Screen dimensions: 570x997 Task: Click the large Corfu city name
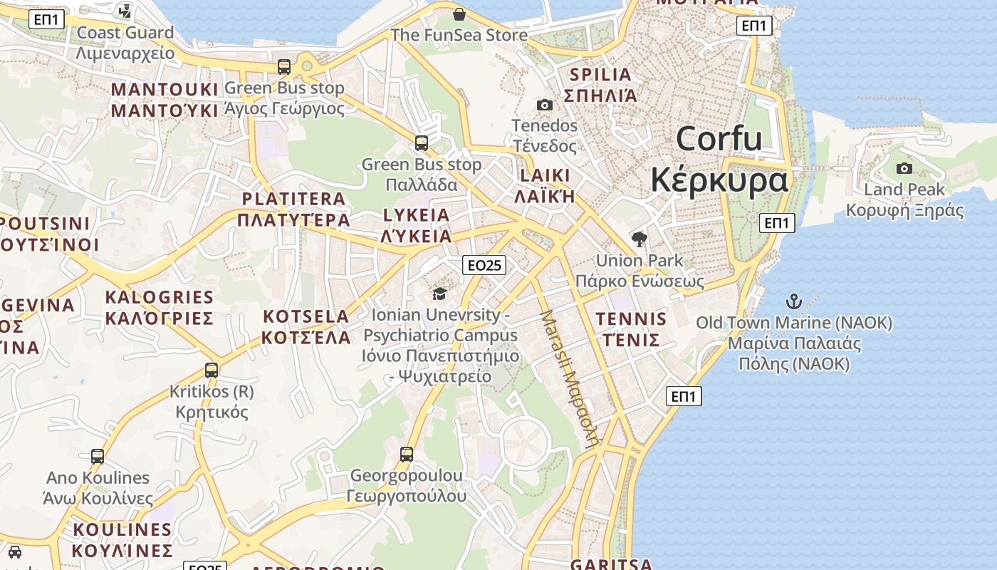719,159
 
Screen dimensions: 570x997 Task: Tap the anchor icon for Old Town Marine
794,301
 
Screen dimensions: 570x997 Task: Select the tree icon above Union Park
640,239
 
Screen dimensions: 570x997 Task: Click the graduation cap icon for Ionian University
439,294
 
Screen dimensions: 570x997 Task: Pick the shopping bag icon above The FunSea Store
459,14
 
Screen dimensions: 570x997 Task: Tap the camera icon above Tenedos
545,105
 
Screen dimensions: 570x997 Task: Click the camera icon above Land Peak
904,169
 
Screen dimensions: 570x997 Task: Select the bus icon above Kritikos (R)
212,370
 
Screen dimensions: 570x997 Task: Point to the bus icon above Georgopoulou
407,454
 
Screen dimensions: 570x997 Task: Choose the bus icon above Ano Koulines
98,456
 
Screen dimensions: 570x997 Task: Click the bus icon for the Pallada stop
422,143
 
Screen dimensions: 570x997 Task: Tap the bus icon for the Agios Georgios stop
284,67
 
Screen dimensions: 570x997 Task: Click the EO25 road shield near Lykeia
484,266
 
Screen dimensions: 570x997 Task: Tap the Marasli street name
569,378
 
